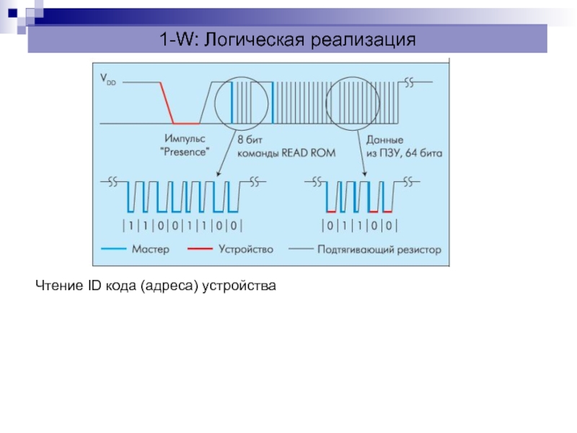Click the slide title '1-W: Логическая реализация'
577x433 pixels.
[x=287, y=39]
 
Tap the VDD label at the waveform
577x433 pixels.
[x=107, y=79]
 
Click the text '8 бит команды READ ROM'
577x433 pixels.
[x=286, y=146]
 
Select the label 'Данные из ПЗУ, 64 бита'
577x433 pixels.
[x=404, y=146]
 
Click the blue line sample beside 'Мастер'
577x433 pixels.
[x=113, y=249]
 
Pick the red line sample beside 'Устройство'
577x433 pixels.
[x=201, y=249]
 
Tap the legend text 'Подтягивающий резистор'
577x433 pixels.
[x=379, y=250]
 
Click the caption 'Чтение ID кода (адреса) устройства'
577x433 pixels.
[x=156, y=285]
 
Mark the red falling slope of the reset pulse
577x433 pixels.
[x=167, y=102]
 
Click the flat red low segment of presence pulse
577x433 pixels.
[x=187, y=123]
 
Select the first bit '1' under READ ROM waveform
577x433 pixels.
[x=131, y=225]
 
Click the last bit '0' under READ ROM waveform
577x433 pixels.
[x=233, y=225]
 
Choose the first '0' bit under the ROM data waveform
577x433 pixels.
[x=330, y=225]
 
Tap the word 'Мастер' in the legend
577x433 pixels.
[x=151, y=249]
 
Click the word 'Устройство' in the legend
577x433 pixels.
[x=246, y=250]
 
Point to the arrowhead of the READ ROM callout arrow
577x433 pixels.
[x=219, y=173]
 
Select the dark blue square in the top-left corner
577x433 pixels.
[x=12, y=14]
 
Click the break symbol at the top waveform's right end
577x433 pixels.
[x=409, y=82]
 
